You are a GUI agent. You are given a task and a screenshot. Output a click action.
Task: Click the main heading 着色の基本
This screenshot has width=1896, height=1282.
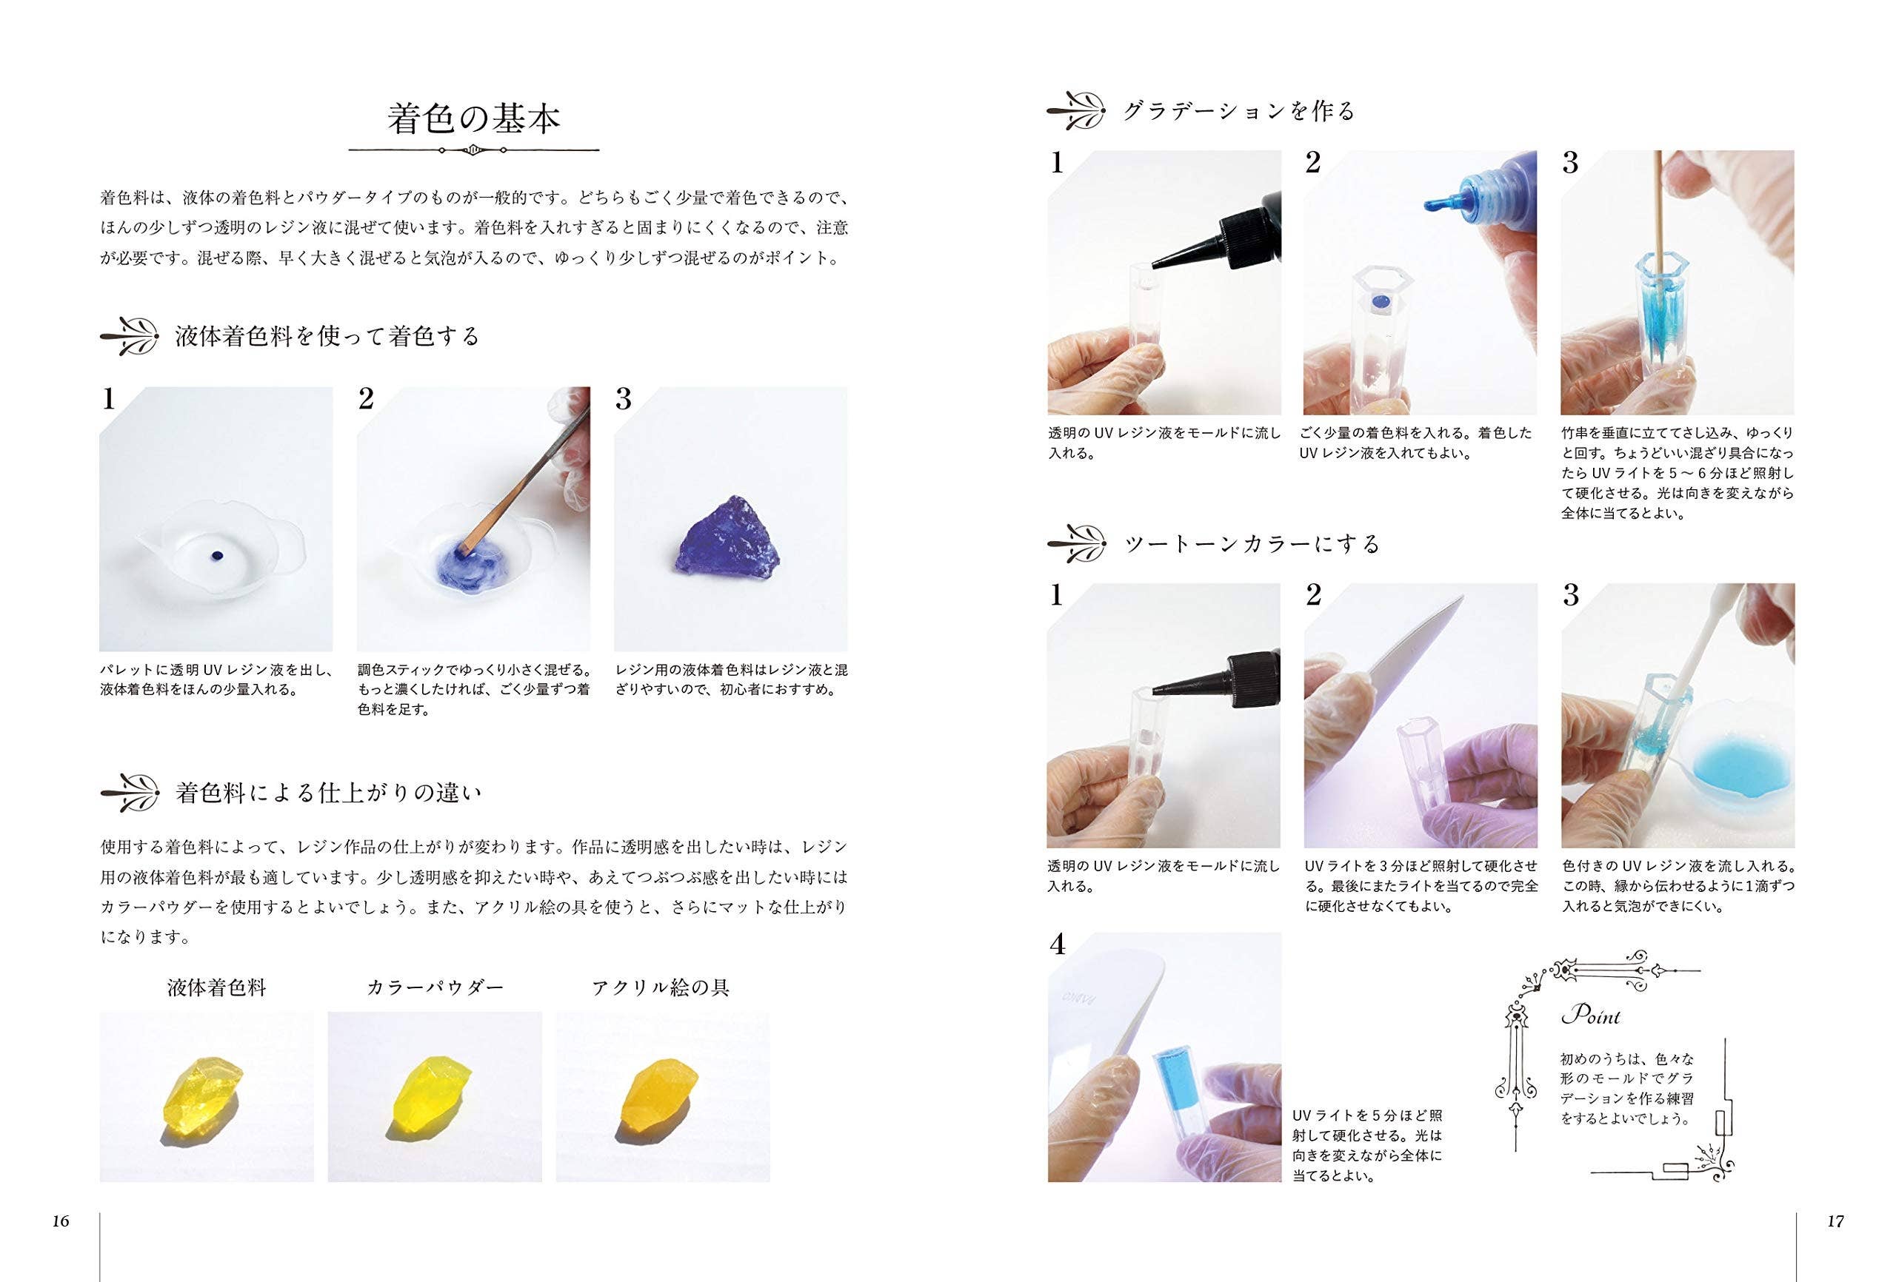(474, 119)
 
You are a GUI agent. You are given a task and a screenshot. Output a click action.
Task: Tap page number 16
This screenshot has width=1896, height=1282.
(61, 1221)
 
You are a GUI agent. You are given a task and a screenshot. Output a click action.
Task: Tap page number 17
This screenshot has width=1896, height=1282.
(1835, 1221)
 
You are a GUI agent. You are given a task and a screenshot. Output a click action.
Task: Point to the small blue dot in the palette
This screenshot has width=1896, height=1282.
(216, 555)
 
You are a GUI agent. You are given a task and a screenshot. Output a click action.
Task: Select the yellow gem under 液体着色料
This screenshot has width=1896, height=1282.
(199, 1100)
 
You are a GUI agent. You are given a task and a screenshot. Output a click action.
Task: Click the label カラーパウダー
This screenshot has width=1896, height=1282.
(435, 987)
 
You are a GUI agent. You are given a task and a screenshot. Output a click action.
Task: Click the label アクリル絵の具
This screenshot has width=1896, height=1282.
(661, 987)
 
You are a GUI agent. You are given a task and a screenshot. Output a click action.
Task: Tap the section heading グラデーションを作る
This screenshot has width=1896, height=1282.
(1239, 111)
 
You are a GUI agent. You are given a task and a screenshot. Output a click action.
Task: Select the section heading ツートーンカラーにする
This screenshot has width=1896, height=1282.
(1252, 544)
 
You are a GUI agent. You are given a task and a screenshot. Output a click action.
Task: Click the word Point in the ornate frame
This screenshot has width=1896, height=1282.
(1591, 1016)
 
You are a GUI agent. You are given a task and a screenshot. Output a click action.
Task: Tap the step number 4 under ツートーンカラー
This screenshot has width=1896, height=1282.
(1058, 944)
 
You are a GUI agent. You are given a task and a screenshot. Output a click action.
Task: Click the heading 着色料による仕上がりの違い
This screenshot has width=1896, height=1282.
(329, 793)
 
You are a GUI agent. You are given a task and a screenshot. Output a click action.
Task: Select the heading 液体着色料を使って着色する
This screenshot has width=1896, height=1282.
(327, 336)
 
